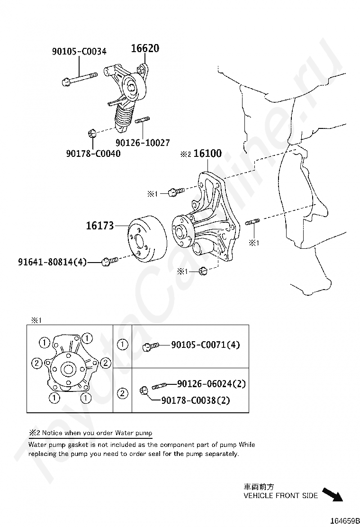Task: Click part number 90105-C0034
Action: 79,52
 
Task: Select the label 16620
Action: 145,48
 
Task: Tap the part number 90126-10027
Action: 142,142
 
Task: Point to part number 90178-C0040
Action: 93,153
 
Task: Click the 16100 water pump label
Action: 207,154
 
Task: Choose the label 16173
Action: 99,226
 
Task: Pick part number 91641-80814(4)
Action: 53,262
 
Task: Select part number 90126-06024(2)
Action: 211,384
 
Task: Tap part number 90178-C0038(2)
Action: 196,400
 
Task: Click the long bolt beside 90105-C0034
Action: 79,78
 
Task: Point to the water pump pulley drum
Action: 146,238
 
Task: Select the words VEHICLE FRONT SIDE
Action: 280,496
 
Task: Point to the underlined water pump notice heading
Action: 90,433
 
